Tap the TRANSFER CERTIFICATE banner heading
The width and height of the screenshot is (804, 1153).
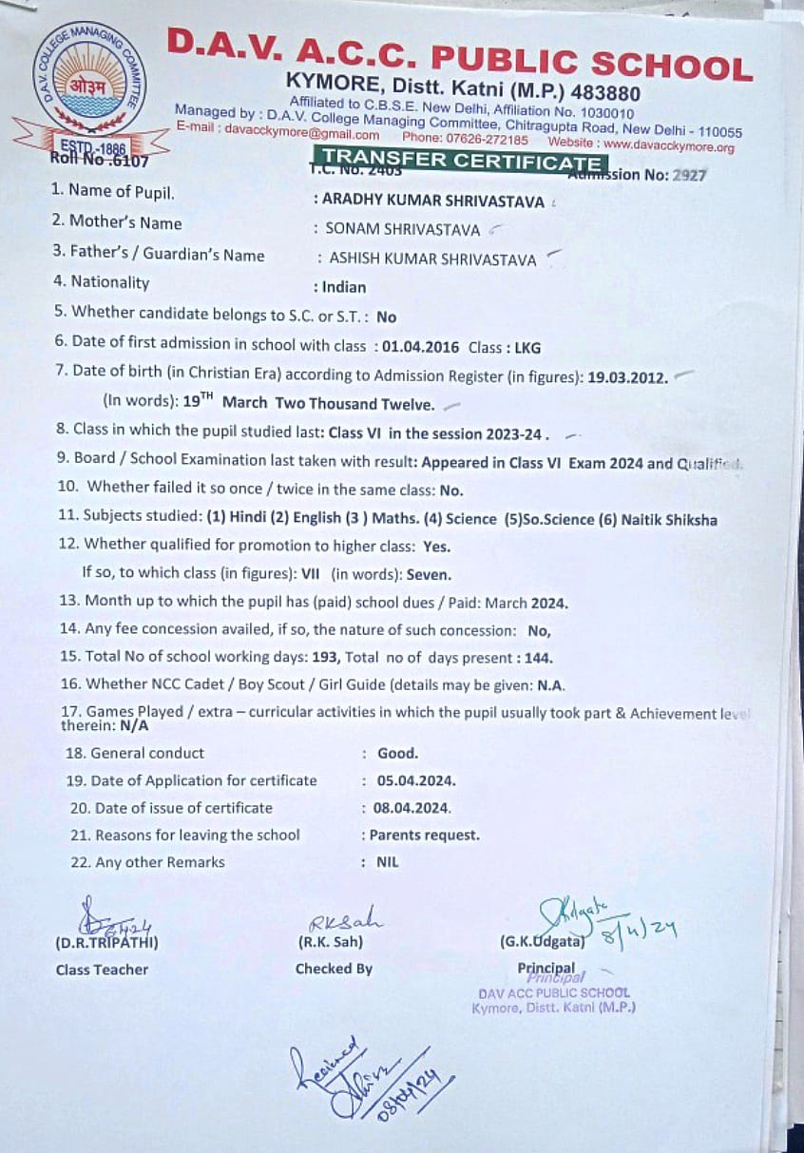click(461, 160)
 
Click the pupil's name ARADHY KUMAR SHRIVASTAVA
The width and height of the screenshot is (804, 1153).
click(433, 201)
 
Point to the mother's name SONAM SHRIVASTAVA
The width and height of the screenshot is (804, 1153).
click(402, 228)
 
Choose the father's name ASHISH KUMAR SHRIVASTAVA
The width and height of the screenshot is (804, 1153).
click(432, 259)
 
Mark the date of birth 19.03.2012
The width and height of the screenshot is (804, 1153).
click(627, 375)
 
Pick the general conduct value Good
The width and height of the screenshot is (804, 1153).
click(397, 753)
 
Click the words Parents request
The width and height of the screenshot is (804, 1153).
click(424, 836)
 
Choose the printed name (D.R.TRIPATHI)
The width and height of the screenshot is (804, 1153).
click(106, 943)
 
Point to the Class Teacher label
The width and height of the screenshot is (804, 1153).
click(102, 970)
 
